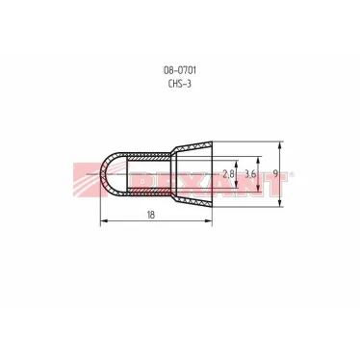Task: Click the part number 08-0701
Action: point(180,70)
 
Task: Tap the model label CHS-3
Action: point(180,84)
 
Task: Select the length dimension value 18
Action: point(150,215)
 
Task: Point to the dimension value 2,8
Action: point(228,174)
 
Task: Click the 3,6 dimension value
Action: point(250,174)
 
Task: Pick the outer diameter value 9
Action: point(275,173)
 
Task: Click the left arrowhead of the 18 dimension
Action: point(104,220)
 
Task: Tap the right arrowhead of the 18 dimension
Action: point(209,220)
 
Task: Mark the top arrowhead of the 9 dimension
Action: point(280,145)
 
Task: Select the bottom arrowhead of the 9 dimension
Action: point(280,203)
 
